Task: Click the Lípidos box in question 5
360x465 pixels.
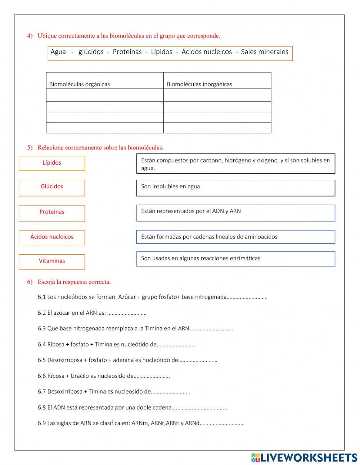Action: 52,163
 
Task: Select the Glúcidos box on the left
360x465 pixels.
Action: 52,188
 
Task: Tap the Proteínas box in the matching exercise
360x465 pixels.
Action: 52,213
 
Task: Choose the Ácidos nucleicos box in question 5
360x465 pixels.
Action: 52,237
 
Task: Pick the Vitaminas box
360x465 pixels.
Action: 52,261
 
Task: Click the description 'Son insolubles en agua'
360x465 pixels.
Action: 235,188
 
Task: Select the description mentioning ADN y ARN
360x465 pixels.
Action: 235,213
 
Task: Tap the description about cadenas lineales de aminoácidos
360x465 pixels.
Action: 235,237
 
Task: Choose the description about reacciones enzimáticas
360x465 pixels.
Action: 235,259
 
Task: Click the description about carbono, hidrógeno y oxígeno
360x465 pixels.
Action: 235,164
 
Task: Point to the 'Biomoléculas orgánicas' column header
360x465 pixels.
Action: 80,84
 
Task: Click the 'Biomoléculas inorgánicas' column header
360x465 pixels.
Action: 199,84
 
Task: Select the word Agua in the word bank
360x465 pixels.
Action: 58,52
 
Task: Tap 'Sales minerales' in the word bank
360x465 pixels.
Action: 265,52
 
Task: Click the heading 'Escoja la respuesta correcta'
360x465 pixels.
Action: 74,282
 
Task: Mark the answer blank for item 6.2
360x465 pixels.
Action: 127,313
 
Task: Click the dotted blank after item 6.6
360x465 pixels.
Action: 152,376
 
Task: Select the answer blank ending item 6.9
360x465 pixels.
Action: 221,424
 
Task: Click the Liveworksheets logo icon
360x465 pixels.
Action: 256,457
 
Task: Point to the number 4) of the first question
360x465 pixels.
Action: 30,36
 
